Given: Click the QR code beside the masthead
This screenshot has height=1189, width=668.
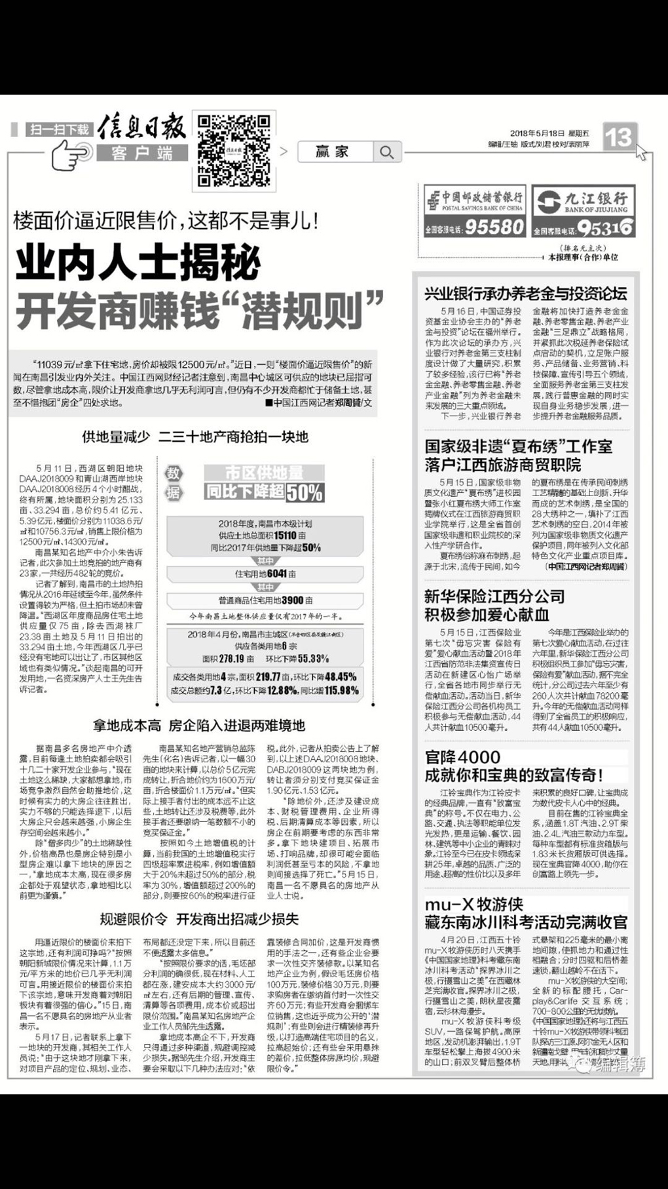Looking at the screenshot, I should pyautogui.click(x=233, y=151).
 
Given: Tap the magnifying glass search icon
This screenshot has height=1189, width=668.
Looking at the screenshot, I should pyautogui.click(x=387, y=153).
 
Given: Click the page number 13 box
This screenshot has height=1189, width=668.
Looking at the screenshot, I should pyautogui.click(x=618, y=137).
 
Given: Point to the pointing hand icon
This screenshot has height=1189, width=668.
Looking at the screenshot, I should pyautogui.click(x=69, y=155).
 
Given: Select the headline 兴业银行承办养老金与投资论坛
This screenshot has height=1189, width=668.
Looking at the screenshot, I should pyautogui.click(x=526, y=294).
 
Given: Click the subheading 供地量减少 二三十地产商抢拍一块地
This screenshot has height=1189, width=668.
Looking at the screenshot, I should pyautogui.click(x=195, y=437).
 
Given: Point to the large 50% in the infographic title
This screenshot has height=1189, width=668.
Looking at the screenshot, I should pyautogui.click(x=305, y=492).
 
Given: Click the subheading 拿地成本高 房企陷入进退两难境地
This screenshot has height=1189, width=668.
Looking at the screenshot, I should pyautogui.click(x=199, y=725).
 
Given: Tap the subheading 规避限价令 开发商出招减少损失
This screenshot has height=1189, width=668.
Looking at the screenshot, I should pyautogui.click(x=199, y=918).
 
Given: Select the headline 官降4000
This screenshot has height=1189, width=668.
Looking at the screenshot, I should pyautogui.click(x=462, y=757).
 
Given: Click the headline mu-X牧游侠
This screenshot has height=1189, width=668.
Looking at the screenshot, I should pyautogui.click(x=474, y=905).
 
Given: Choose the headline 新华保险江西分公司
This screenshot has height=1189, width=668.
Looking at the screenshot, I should pyautogui.click(x=494, y=596).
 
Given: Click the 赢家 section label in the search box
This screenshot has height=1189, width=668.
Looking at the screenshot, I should pyautogui.click(x=333, y=152).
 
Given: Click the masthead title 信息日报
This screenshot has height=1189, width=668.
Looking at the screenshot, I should pyautogui.click(x=141, y=128).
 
